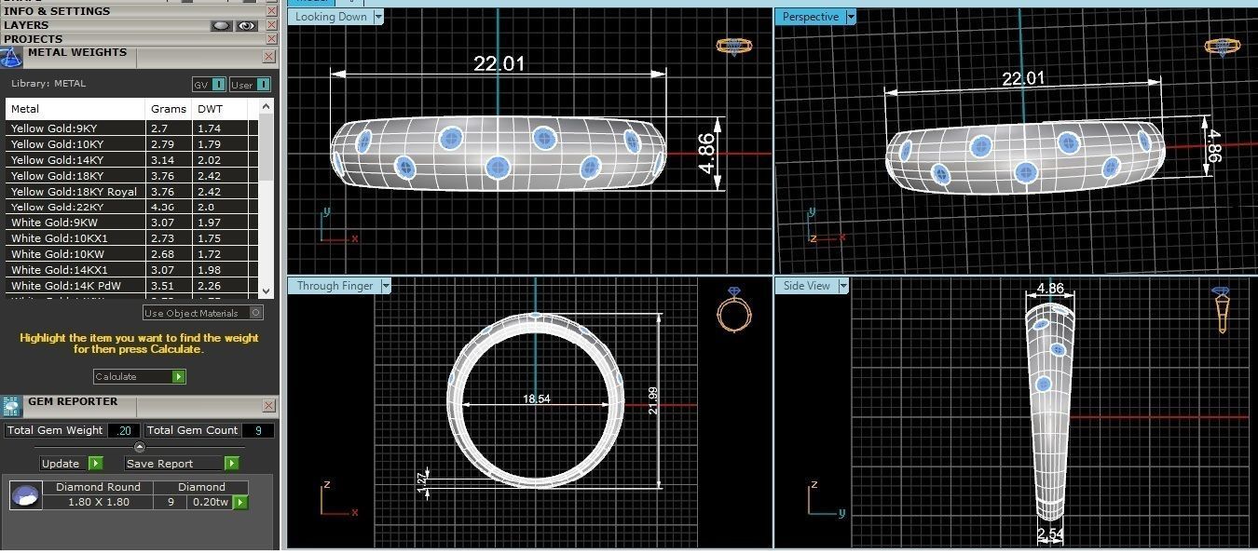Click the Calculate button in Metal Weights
pos(139,376)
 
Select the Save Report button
pos(182,463)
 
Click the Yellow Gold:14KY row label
pos(57,160)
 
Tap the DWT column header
pos(210,109)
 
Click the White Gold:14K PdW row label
pos(62,286)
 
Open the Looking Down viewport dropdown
pos(378,17)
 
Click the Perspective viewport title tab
pos(810,17)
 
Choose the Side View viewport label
pos(806,286)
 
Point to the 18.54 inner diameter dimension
pos(537,399)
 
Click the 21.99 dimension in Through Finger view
pos(652,400)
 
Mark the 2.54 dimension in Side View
pos(1050,534)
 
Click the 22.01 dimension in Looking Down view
pos(499,63)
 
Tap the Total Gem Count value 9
pos(257,430)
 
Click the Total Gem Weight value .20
pos(124,430)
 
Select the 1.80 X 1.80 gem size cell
pos(98,502)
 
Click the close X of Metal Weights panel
pos(268,56)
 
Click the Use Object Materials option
pos(203,313)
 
